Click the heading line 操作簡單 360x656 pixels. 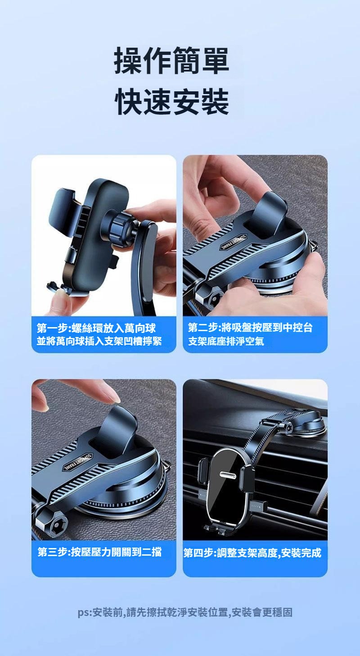pos(171,60)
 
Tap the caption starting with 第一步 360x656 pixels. pos(99,334)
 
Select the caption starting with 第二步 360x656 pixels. pos(250,334)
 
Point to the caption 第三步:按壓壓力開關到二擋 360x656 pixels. pos(99,552)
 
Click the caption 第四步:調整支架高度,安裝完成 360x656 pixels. pos(252,553)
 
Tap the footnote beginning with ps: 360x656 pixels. pos(185,612)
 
